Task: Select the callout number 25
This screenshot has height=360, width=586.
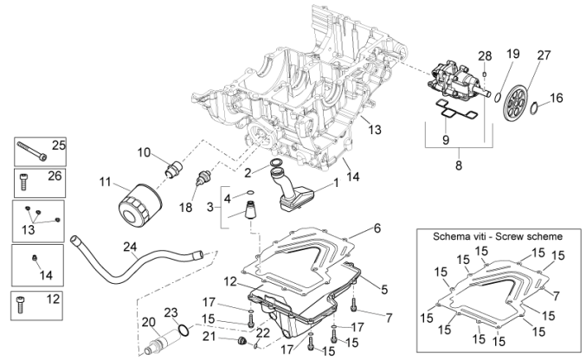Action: click(59, 145)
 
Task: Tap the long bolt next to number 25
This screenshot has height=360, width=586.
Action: click(31, 151)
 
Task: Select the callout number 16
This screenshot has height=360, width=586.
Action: click(557, 98)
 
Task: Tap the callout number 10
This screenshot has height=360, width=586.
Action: click(144, 151)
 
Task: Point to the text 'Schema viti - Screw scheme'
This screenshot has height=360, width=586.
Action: click(500, 235)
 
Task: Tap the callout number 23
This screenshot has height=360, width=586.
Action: click(171, 312)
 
